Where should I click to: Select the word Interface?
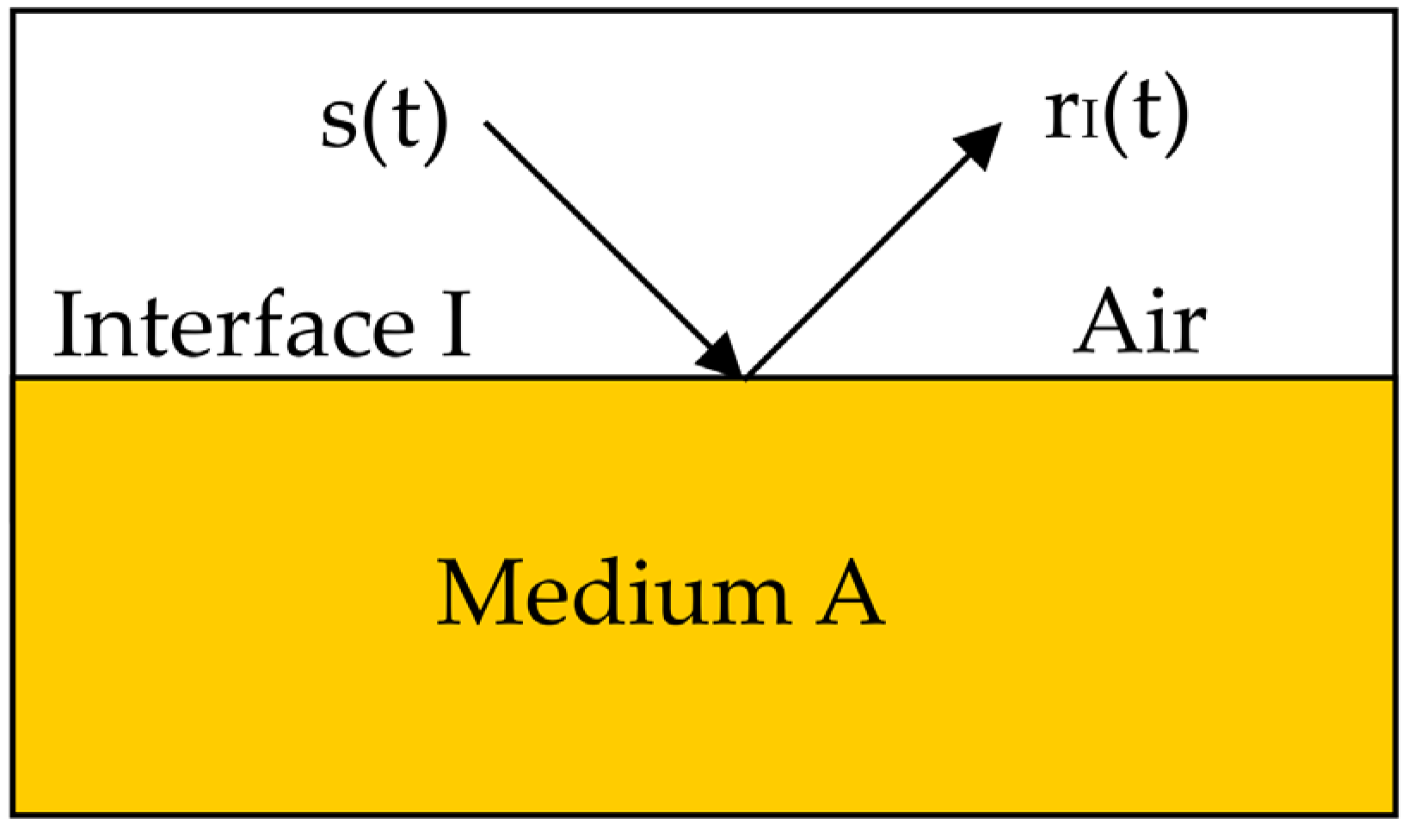[232, 323]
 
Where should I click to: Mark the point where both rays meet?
[744, 378]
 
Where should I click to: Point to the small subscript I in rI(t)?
[1087, 128]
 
